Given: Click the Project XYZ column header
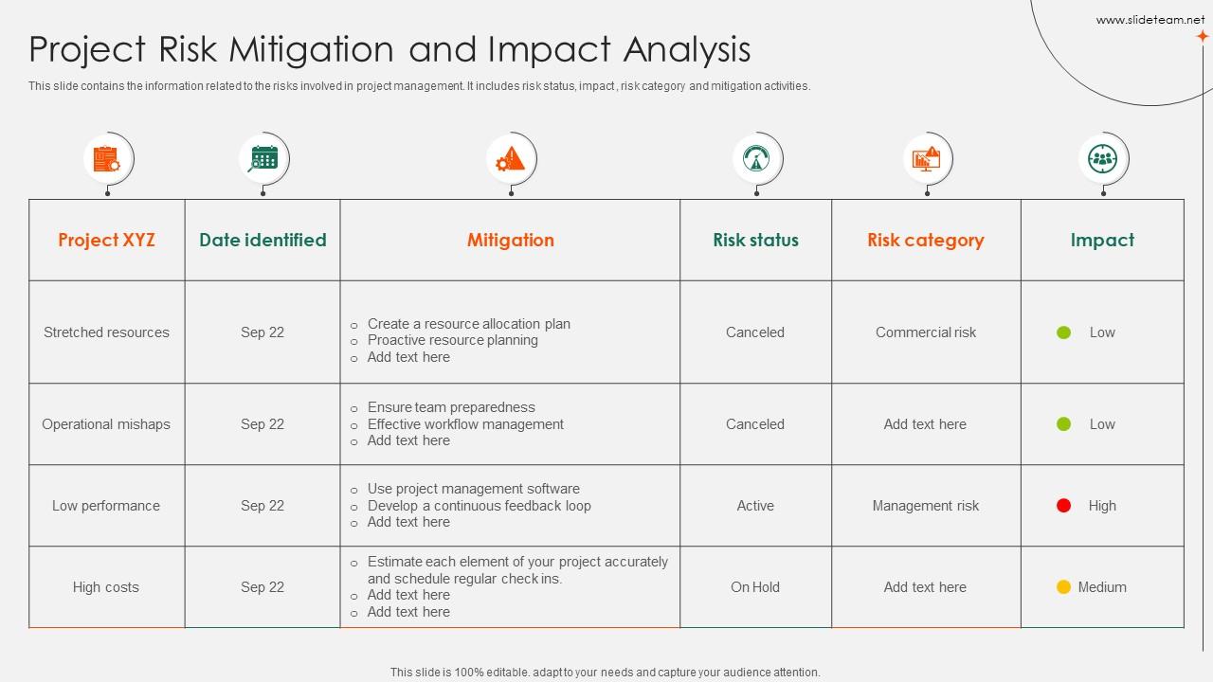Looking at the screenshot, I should [x=106, y=241].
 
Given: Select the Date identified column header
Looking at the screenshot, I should [x=263, y=241].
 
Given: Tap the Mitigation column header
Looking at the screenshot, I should [x=510, y=241].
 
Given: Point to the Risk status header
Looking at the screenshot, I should [x=755, y=241].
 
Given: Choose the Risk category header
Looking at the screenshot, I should [x=925, y=241].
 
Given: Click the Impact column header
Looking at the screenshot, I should [x=1102, y=241].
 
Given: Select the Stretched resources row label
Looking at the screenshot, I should [x=106, y=332].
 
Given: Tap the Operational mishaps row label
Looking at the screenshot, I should [x=106, y=424].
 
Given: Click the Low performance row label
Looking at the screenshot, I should [x=106, y=506].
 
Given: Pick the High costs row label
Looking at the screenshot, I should [x=106, y=587].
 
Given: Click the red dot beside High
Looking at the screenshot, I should [x=1064, y=506].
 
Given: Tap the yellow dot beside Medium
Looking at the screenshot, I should [x=1064, y=587].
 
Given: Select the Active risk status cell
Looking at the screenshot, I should [x=755, y=506].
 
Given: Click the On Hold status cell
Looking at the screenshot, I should [x=755, y=587].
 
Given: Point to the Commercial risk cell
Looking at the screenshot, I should [x=925, y=332].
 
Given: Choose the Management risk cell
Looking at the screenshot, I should [x=925, y=506].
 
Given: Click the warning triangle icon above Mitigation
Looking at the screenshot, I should [x=511, y=158].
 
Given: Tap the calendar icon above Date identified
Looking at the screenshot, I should [x=263, y=158].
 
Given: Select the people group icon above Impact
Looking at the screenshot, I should [x=1103, y=158].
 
